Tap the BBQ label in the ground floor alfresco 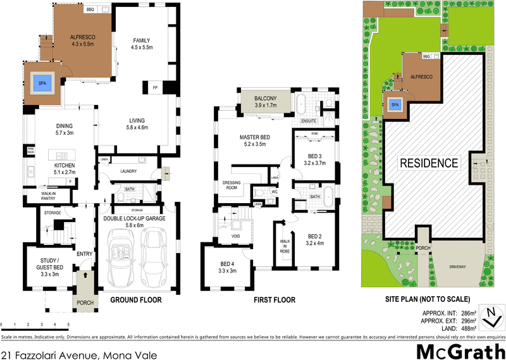pyautogui.click(x=89, y=10)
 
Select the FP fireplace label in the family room pyautogui.click(x=154, y=87)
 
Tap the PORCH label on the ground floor pyautogui.click(x=85, y=302)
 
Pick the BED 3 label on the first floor pyautogui.click(x=315, y=159)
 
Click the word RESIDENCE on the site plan pyautogui.click(x=428, y=163)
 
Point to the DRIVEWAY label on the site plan pyautogui.click(x=457, y=266)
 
